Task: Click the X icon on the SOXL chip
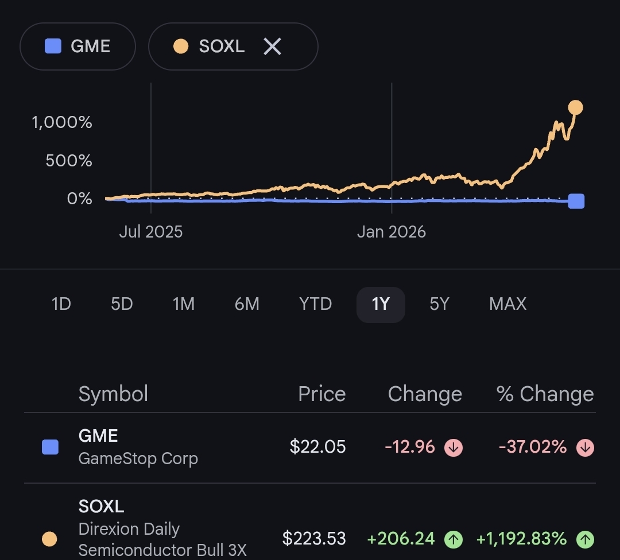(x=273, y=46)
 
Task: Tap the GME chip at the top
(x=77, y=46)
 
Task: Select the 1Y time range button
(x=381, y=304)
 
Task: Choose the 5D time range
(x=122, y=304)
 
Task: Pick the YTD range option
(x=315, y=304)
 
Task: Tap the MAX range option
(x=507, y=304)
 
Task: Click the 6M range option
(x=247, y=304)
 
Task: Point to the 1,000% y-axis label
(x=61, y=123)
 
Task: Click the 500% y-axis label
(x=69, y=161)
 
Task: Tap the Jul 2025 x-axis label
(x=150, y=232)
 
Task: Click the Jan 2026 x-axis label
(x=392, y=232)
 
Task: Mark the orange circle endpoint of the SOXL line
(x=575, y=107)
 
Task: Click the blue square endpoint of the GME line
(x=576, y=201)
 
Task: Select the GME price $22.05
(x=317, y=447)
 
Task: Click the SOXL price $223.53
(x=314, y=539)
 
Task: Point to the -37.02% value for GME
(x=533, y=447)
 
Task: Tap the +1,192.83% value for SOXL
(x=521, y=539)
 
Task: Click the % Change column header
(x=545, y=394)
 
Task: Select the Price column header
(x=322, y=394)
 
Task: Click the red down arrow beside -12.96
(x=454, y=448)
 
